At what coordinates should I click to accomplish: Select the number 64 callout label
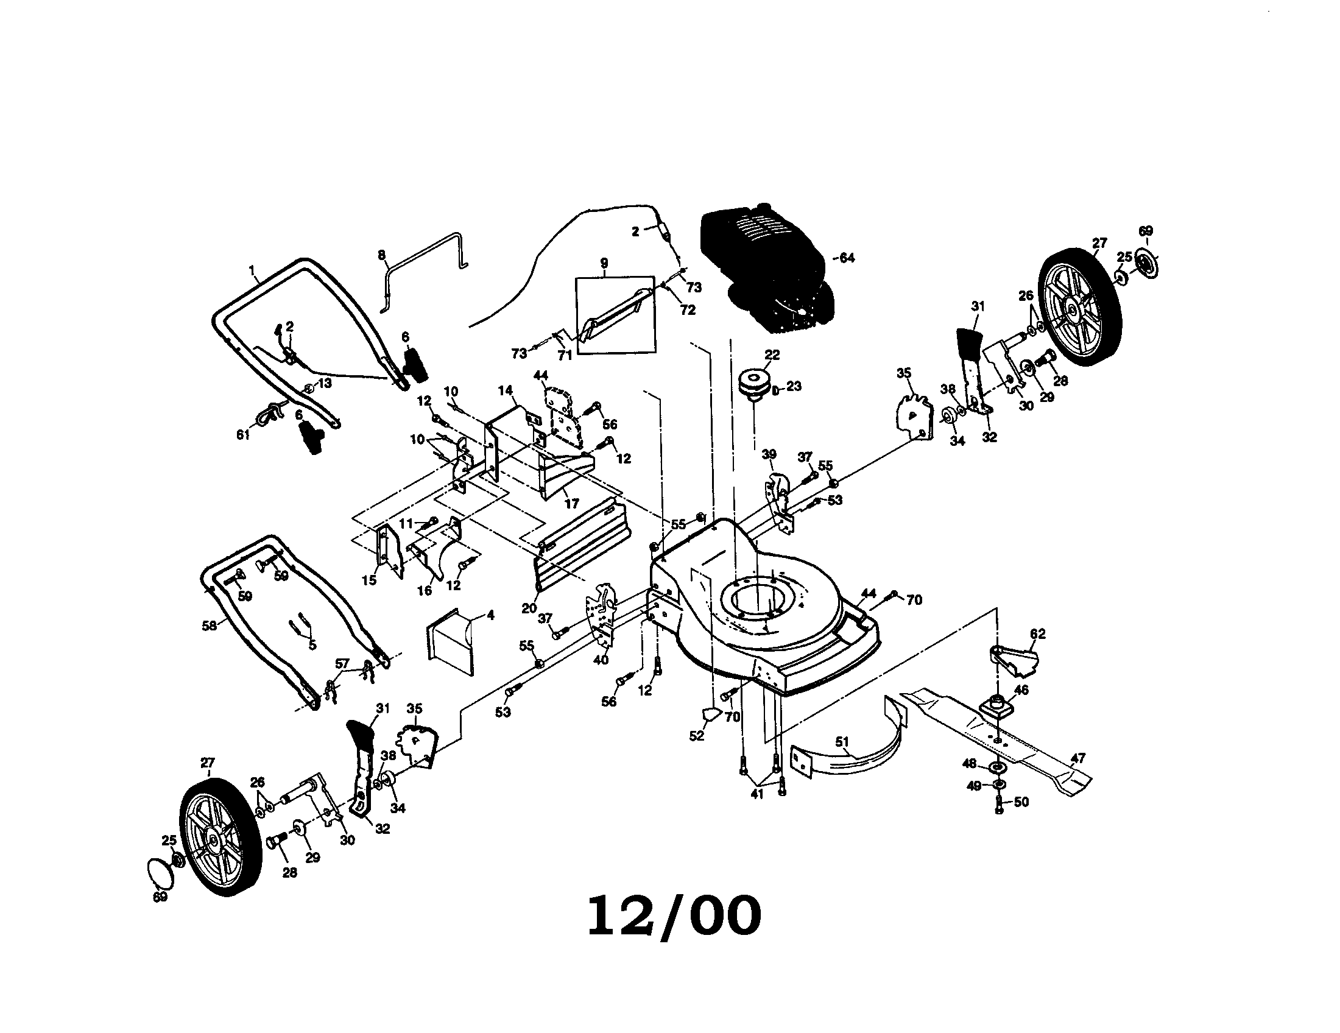(847, 258)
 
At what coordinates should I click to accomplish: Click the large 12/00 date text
(674, 917)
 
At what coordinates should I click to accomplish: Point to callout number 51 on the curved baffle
(842, 743)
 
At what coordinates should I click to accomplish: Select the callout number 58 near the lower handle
(209, 626)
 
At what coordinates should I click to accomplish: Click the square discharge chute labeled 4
(451, 641)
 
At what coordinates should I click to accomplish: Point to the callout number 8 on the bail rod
(382, 254)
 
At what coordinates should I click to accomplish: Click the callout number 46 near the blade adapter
(1020, 690)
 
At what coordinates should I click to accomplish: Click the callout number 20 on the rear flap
(529, 608)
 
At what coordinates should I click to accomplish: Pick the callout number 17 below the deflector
(571, 504)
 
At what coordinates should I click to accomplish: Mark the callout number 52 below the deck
(697, 736)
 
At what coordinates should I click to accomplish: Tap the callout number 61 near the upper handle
(244, 434)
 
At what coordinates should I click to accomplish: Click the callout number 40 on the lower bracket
(601, 660)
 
